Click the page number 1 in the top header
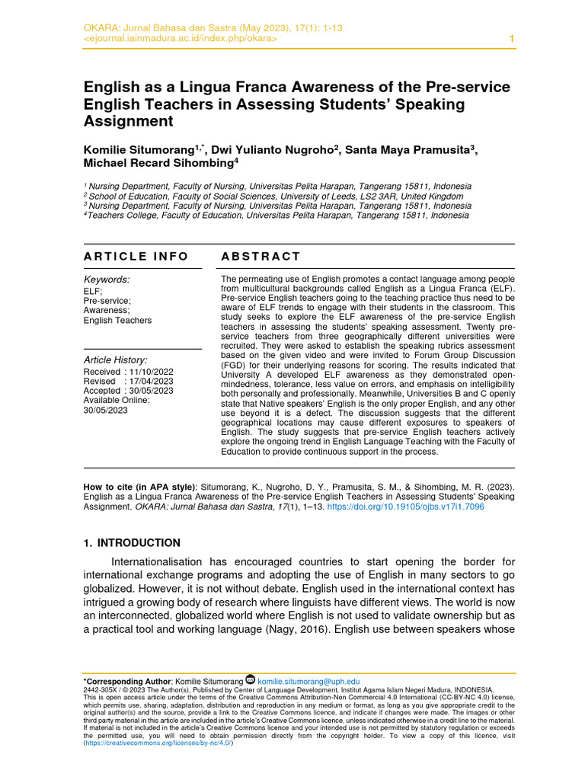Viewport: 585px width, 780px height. coord(511,39)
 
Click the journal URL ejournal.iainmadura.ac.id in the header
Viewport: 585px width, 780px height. coord(180,39)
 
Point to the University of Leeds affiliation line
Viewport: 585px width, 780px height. coord(275,196)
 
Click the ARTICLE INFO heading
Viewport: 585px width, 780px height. coord(136,257)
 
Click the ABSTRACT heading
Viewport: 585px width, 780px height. coord(261,257)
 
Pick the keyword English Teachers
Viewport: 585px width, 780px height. coord(117,321)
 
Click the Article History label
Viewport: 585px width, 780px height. coord(115,360)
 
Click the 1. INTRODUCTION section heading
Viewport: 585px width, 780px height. coord(132,543)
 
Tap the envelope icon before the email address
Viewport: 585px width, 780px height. coord(250,680)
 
